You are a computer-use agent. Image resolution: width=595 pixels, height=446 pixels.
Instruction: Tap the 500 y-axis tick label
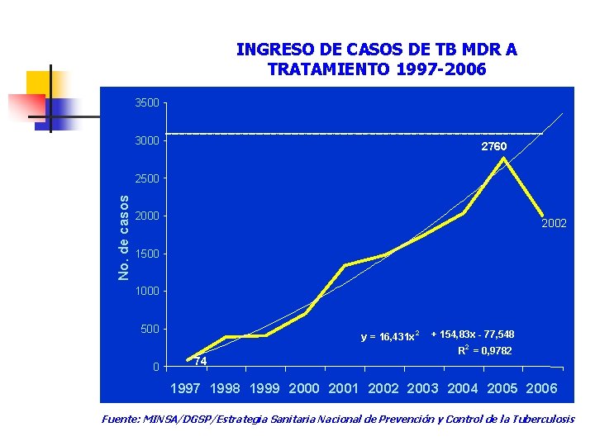click(150, 330)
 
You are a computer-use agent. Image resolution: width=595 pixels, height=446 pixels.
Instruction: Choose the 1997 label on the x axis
click(185, 388)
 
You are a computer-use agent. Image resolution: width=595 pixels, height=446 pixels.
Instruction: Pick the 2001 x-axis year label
click(345, 388)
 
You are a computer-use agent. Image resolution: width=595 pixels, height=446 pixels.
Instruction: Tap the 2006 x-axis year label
click(541, 388)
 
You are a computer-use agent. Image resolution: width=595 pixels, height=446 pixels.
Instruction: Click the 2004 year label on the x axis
click(463, 388)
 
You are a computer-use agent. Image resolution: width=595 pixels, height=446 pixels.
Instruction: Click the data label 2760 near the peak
click(494, 146)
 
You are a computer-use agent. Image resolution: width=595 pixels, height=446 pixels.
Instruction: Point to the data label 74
click(200, 362)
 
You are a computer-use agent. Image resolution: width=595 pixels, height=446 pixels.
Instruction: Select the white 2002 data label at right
click(554, 223)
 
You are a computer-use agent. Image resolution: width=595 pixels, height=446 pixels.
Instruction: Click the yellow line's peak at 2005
click(502, 158)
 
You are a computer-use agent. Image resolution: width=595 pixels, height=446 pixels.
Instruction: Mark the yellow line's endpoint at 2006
click(542, 215)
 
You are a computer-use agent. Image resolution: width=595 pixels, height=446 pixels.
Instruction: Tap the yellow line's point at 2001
click(345, 265)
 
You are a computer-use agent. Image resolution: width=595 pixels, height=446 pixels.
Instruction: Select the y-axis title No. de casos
click(123, 236)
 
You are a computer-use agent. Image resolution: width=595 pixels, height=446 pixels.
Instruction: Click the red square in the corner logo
click(27, 106)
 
